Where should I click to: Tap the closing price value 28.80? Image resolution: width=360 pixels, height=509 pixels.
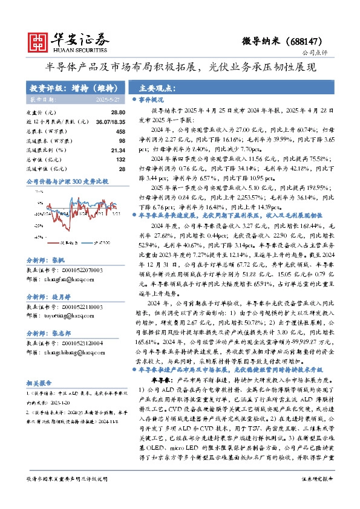[x=118, y=113]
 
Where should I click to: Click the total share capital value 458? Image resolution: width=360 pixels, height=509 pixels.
[x=120, y=131]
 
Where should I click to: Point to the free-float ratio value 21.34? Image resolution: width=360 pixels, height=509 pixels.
[x=118, y=149]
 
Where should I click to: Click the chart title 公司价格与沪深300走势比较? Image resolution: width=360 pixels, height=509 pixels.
[x=67, y=181]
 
